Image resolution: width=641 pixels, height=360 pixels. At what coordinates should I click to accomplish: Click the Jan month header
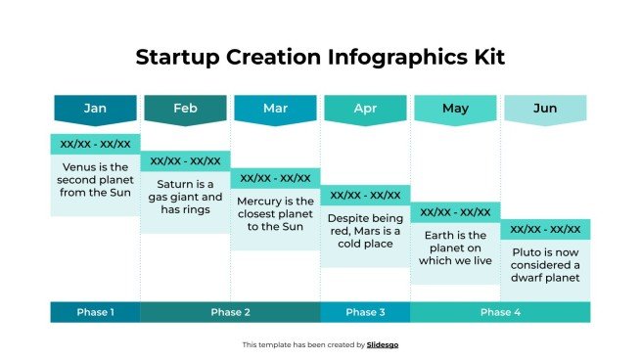coord(95,109)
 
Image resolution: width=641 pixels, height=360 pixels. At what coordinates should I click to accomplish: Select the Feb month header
coord(185,109)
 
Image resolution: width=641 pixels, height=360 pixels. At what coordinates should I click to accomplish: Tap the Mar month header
coord(275,109)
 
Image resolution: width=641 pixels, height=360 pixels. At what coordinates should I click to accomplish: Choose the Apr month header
coord(365,109)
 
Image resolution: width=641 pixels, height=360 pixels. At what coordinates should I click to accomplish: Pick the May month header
coord(455,109)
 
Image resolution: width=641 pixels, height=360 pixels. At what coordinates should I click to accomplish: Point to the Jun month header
coord(545,109)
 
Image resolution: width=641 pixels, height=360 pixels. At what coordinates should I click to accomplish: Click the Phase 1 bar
coord(95,312)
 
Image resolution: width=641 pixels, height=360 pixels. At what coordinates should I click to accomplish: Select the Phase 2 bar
coord(230,312)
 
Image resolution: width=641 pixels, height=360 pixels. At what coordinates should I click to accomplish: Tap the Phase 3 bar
coord(365,312)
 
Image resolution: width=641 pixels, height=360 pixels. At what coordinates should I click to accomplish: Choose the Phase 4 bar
coord(500,312)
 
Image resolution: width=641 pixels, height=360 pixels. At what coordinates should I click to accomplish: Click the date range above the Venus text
coord(95,144)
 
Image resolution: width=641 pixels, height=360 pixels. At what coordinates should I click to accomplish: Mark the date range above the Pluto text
coord(545,229)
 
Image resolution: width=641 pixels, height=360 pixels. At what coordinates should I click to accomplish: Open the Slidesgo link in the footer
coord(383,344)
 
